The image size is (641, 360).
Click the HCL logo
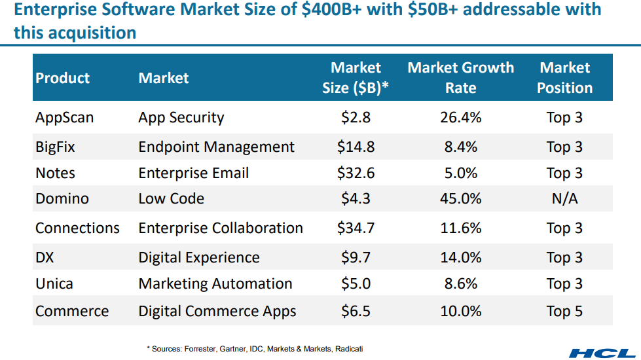click(x=602, y=352)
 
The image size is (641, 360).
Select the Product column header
click(x=62, y=78)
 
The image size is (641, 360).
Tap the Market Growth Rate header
click(x=461, y=77)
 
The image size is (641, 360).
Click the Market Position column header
click(x=564, y=77)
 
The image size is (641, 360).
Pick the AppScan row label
click(x=64, y=118)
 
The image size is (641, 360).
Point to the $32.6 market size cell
click(x=356, y=173)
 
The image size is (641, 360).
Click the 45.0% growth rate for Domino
click(x=461, y=199)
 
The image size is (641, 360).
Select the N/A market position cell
click(x=564, y=199)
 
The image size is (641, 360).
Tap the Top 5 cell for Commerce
click(x=564, y=312)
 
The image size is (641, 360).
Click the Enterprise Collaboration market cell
click(x=221, y=228)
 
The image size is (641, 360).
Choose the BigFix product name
click(x=55, y=147)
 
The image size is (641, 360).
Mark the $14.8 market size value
click(x=356, y=147)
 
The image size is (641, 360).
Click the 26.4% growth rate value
click(x=461, y=118)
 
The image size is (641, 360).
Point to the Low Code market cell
click(x=172, y=199)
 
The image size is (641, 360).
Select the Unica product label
click(x=54, y=284)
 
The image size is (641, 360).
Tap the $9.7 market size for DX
click(x=356, y=258)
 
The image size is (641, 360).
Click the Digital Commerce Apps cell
click(x=217, y=312)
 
